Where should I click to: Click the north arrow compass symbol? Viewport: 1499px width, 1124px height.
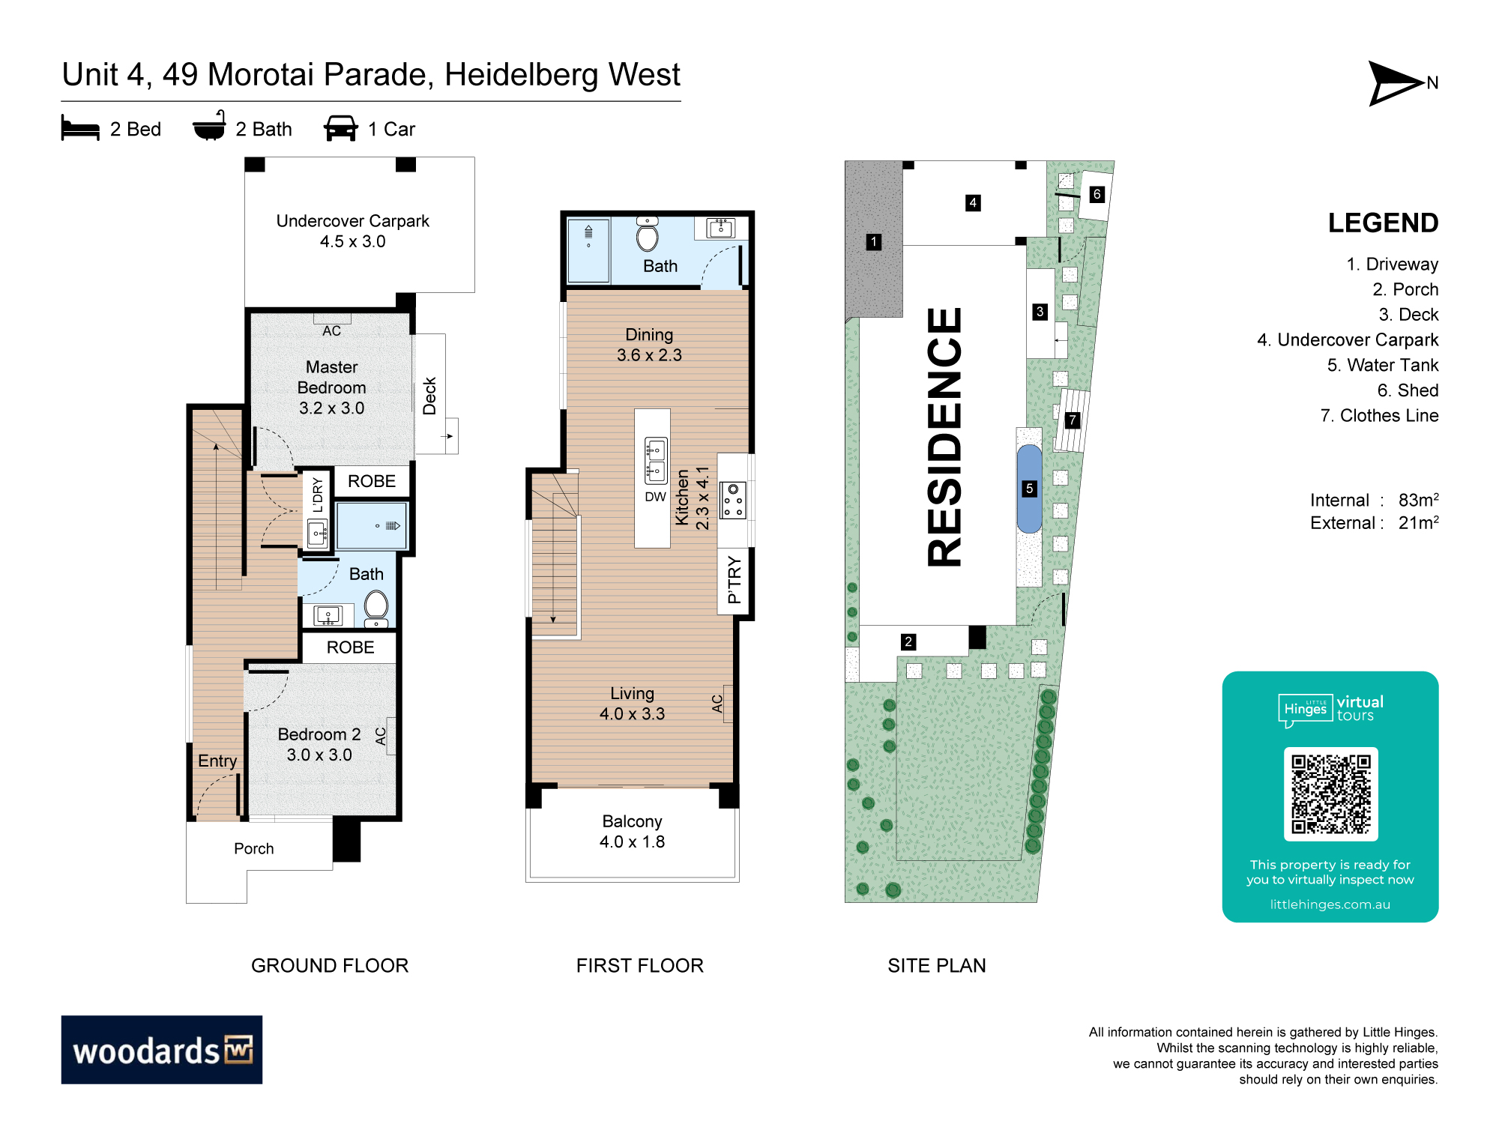(1394, 83)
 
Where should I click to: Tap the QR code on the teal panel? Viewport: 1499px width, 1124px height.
(1330, 794)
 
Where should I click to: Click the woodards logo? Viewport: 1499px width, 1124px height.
(162, 1049)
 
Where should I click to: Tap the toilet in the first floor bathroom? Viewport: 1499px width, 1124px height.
(648, 234)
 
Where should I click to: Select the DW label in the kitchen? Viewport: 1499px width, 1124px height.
(655, 497)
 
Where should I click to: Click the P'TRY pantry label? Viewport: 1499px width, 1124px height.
(735, 579)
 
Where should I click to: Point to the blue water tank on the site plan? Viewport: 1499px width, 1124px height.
(1029, 489)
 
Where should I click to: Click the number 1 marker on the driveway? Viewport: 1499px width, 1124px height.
(873, 242)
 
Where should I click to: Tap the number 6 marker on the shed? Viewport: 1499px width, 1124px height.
(1097, 194)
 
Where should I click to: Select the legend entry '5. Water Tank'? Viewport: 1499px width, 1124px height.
(1383, 365)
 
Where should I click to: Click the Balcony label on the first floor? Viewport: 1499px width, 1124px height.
(632, 821)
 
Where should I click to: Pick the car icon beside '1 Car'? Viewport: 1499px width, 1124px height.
(340, 128)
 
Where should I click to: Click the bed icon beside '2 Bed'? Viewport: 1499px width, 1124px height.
(80, 128)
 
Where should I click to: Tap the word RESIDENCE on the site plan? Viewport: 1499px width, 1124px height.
(944, 437)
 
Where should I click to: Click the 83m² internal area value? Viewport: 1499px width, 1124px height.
(1419, 500)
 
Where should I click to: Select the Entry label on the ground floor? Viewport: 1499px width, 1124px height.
(217, 761)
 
